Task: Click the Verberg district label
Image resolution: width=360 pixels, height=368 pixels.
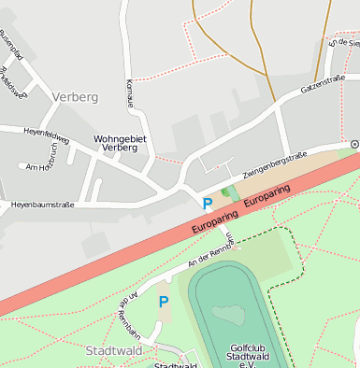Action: (76, 97)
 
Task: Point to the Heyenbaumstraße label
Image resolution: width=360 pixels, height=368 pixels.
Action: (42, 204)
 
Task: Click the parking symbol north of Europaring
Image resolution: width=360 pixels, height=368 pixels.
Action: (207, 202)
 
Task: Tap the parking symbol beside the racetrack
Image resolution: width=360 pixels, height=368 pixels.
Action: (163, 302)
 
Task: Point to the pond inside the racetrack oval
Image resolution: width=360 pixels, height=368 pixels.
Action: (228, 314)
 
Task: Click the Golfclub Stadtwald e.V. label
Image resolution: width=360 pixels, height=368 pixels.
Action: (253, 356)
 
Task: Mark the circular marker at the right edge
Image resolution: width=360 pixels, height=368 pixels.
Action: (354, 144)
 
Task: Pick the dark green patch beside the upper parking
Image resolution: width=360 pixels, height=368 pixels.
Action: (224, 192)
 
